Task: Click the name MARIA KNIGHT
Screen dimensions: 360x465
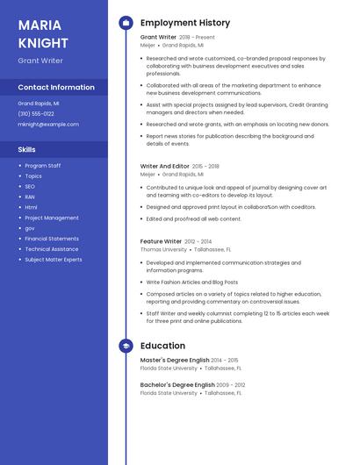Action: click(x=43, y=33)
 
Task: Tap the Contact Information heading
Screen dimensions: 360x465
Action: click(x=56, y=88)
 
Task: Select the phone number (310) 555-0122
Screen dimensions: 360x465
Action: click(x=36, y=113)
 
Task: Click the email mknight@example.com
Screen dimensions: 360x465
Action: click(x=48, y=125)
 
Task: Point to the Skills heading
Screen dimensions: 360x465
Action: click(x=27, y=150)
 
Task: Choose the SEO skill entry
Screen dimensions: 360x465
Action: click(x=30, y=186)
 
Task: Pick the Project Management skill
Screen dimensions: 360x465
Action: click(x=52, y=218)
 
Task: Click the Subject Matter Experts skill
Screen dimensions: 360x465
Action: click(x=54, y=260)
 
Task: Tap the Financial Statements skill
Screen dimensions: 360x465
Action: click(x=52, y=239)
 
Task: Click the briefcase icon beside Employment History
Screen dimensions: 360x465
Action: click(x=126, y=23)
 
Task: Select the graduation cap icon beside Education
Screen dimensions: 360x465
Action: click(x=126, y=347)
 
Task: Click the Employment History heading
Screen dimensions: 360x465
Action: click(x=185, y=23)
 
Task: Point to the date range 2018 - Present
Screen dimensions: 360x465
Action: click(x=197, y=38)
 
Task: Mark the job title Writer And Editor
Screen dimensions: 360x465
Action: click(x=165, y=166)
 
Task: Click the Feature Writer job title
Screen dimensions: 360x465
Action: click(x=162, y=241)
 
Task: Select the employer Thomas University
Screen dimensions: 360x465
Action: click(x=163, y=249)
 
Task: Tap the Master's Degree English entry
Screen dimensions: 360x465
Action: click(x=175, y=361)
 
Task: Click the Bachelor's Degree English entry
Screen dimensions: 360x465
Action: click(x=177, y=384)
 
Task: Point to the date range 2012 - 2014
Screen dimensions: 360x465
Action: click(x=198, y=241)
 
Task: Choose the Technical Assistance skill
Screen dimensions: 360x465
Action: click(x=51, y=249)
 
